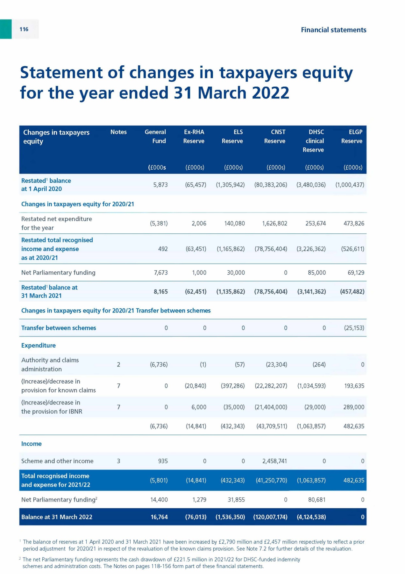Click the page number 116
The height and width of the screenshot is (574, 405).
coord(24,29)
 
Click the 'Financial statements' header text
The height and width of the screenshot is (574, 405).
coord(333,30)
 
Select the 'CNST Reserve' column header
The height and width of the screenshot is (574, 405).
coord(275,136)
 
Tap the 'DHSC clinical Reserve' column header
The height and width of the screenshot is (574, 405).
coord(314,141)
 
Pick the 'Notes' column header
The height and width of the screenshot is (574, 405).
coord(118,132)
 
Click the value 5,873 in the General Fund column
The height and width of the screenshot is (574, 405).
coord(160,185)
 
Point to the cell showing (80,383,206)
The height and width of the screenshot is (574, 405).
coord(271,185)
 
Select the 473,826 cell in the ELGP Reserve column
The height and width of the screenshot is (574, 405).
coord(354,223)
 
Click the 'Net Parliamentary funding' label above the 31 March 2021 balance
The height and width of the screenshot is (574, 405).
coord(58,273)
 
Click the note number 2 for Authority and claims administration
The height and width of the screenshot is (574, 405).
coord(118,364)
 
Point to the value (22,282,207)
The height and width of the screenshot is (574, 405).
coord(271,386)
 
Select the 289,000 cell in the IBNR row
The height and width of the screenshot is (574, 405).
coord(354,407)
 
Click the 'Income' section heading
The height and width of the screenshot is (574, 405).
coord(32,444)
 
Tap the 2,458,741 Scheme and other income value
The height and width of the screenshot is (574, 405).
coord(274,461)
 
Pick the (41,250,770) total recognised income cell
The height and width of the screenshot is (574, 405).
coord(272,480)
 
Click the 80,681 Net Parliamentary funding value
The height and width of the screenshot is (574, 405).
coord(317,500)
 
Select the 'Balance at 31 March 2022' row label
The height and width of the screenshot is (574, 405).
coord(57,517)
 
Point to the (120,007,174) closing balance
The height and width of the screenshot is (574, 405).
coord(270,517)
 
